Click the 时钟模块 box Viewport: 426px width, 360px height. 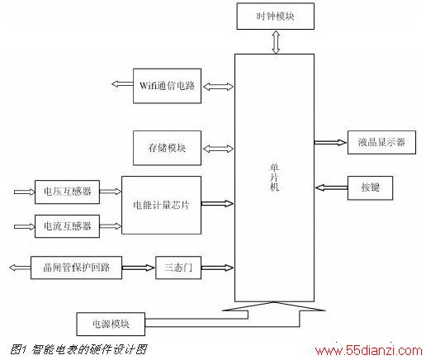[276, 17]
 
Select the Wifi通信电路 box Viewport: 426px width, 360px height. [167, 86]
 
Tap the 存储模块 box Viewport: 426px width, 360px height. [167, 148]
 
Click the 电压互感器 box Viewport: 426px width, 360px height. [67, 192]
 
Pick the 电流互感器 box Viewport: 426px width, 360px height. [67, 226]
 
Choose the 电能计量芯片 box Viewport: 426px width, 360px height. [161, 205]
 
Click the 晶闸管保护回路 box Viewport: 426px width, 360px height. [76, 268]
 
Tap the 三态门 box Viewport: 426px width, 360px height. [178, 268]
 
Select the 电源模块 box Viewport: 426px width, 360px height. [111, 324]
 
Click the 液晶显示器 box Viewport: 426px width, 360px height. [381, 142]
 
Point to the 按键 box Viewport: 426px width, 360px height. [370, 188]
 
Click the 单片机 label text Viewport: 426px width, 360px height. [274, 178]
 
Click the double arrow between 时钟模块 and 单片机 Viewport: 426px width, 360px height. [276, 42]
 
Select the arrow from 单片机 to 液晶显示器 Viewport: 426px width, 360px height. [330, 142]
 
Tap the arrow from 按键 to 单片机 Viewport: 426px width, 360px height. [332, 188]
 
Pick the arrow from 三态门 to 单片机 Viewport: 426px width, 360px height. [217, 268]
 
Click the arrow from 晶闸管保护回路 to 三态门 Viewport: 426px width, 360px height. [139, 268]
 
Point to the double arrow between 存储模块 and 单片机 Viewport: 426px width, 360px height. [218, 149]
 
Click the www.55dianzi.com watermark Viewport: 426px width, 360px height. [369, 351]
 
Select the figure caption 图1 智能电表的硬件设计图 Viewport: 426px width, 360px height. [78, 349]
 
